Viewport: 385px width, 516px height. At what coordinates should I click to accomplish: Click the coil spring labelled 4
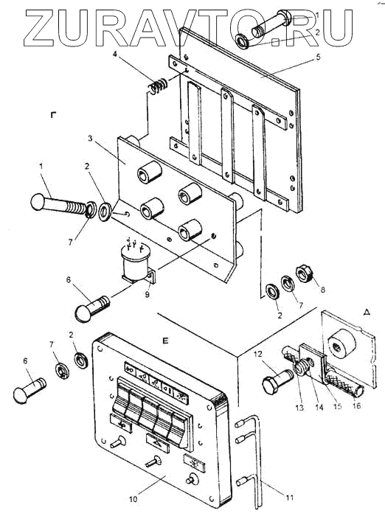[x=157, y=86]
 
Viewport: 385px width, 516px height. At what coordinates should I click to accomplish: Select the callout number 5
[x=318, y=57]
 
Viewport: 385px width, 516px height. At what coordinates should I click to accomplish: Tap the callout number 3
[x=90, y=139]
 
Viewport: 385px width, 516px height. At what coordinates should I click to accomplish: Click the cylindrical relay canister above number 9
[x=136, y=262]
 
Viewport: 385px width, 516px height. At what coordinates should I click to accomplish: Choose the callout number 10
[x=133, y=499]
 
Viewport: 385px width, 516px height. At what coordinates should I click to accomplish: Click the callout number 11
[x=289, y=498]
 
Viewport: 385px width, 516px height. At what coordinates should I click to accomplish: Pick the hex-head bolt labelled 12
[x=277, y=380]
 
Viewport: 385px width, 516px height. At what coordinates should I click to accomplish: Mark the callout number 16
[x=356, y=405]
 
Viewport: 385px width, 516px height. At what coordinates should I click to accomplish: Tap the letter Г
[x=53, y=115]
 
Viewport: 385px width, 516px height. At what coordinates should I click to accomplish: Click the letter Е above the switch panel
[x=165, y=341]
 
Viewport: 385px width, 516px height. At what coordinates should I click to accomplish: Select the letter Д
[x=367, y=313]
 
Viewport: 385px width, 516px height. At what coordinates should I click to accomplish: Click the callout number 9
[x=148, y=294]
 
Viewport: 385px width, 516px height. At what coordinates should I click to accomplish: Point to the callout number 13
[x=299, y=408]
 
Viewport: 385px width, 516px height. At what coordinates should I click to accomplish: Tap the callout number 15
[x=338, y=405]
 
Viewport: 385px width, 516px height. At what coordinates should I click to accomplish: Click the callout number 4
[x=115, y=54]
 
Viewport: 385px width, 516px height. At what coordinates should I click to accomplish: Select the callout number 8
[x=323, y=289]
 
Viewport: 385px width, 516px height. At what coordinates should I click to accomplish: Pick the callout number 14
[x=319, y=407]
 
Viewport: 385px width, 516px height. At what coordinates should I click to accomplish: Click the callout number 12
[x=258, y=355]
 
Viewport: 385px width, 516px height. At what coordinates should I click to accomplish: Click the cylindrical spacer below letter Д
[x=342, y=344]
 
